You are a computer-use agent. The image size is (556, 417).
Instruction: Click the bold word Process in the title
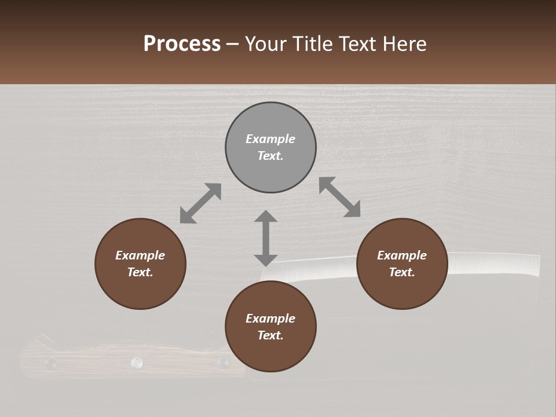(x=182, y=44)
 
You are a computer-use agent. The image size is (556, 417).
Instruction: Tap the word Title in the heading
(x=310, y=44)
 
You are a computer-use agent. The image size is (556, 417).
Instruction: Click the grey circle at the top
(x=270, y=148)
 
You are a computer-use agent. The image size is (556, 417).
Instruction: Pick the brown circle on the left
(x=140, y=264)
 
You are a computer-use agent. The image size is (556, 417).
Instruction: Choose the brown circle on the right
(x=402, y=264)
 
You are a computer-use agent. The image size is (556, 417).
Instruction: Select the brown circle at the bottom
(x=270, y=327)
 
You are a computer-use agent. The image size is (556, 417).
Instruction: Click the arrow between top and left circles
(x=200, y=203)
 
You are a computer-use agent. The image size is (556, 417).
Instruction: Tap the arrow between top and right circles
(x=340, y=197)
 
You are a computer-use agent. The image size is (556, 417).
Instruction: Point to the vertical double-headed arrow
(x=266, y=238)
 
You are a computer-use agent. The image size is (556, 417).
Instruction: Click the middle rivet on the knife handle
(x=137, y=363)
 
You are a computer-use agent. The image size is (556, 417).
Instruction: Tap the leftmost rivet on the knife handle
(x=51, y=364)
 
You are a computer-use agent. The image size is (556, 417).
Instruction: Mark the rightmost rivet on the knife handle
(x=222, y=363)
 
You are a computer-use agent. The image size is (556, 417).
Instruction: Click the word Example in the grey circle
(x=270, y=139)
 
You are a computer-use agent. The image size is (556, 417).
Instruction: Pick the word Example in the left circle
(x=140, y=255)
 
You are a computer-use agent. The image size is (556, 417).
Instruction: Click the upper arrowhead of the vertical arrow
(x=266, y=217)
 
